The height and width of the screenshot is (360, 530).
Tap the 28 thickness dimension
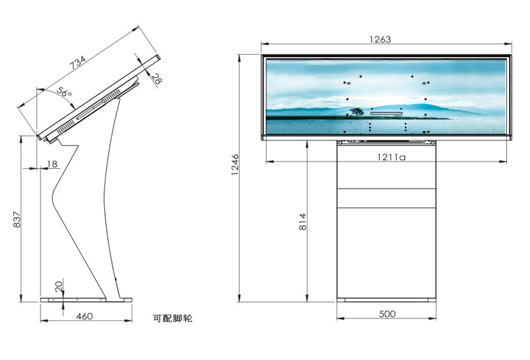coord(156,79)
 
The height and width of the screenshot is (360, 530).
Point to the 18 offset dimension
coord(52,163)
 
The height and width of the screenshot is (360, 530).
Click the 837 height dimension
coord(17,220)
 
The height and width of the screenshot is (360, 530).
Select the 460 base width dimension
coord(83,316)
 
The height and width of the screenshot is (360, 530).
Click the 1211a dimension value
coord(391,157)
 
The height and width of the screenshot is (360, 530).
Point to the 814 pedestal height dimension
coord(302,222)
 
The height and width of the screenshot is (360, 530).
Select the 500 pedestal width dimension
coord(387,314)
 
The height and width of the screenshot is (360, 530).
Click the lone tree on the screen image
coord(357,112)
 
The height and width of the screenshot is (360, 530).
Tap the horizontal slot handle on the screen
coord(386,113)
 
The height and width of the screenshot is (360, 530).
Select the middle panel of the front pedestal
coord(387,198)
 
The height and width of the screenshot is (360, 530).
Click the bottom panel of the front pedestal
coord(387,251)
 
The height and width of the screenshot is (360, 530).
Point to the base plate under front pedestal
coord(387,300)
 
